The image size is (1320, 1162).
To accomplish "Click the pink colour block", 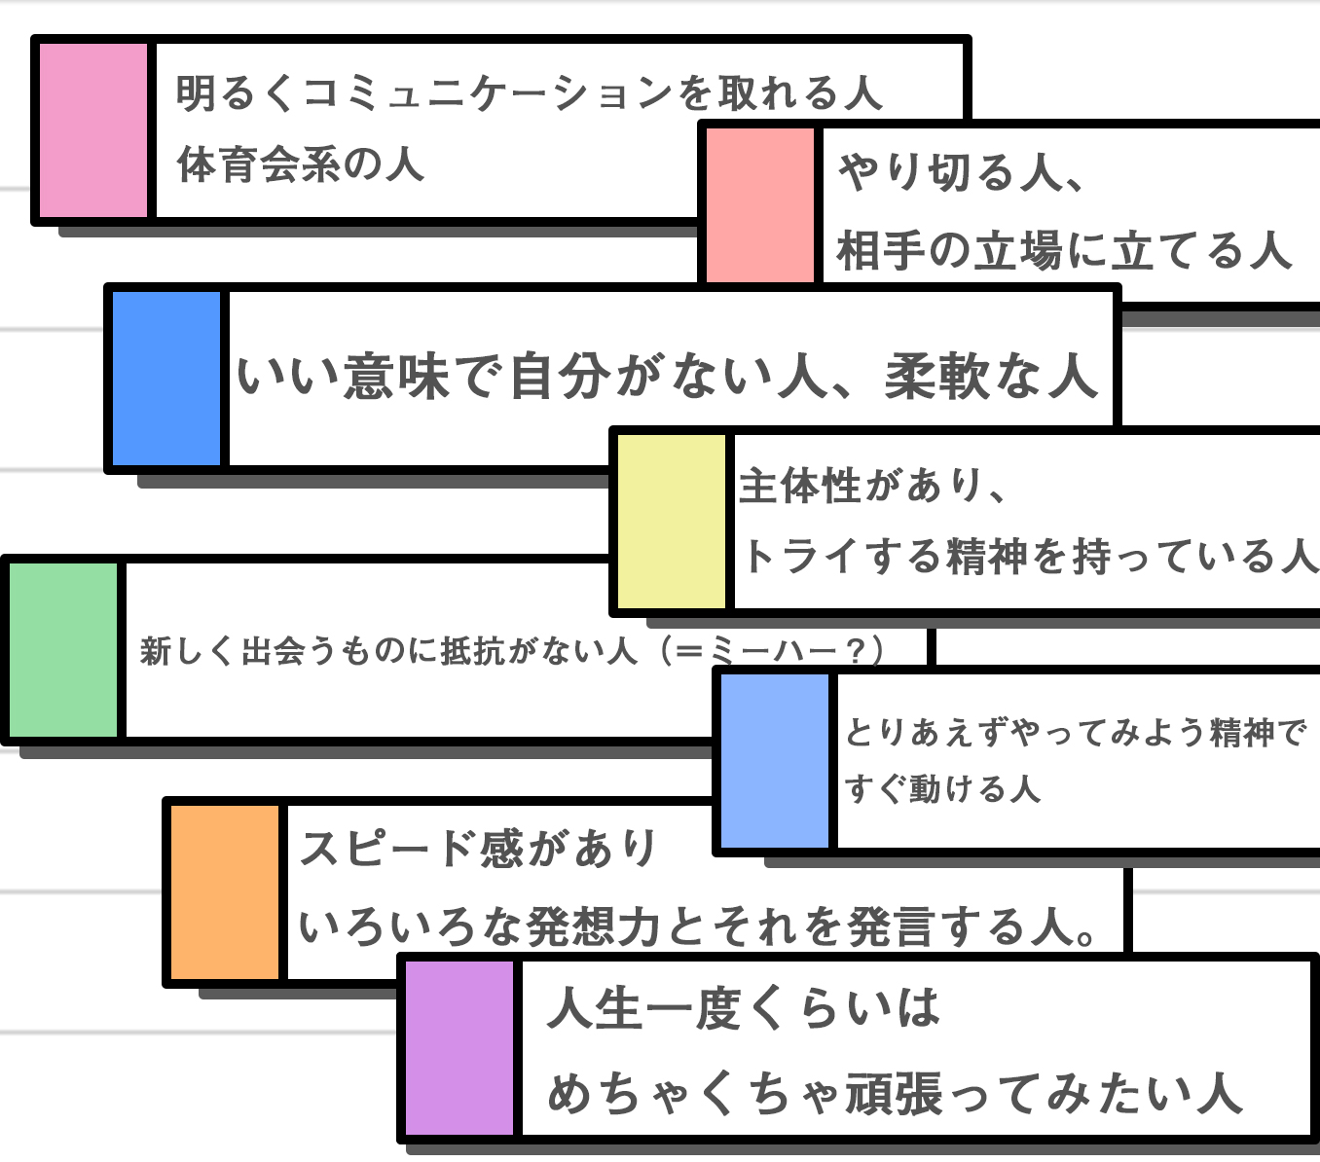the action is (93, 130).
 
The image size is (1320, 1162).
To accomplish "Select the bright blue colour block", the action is (166, 379).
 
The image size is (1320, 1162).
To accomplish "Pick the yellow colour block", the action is (672, 522).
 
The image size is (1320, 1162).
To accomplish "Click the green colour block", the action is (63, 650).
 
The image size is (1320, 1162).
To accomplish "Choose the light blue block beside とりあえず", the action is (775, 761).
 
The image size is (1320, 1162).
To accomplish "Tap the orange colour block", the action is (225, 892).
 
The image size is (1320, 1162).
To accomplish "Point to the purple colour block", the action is (459, 1048).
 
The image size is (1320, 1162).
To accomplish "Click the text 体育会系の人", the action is (301, 164).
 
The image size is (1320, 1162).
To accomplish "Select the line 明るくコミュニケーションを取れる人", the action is (529, 92).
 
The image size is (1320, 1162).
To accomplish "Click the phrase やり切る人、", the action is (960, 172).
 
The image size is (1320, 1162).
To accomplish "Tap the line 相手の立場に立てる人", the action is (1064, 251).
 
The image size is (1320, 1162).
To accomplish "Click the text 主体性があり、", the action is (873, 486).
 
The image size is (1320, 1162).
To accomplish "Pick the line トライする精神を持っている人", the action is (1029, 557).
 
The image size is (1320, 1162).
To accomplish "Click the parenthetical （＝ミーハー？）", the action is (772, 651).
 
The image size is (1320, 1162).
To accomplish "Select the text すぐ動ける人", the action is (942, 789).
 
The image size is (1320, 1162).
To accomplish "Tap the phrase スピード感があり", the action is (478, 848).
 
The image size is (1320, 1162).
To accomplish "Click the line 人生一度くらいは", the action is (744, 1007).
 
